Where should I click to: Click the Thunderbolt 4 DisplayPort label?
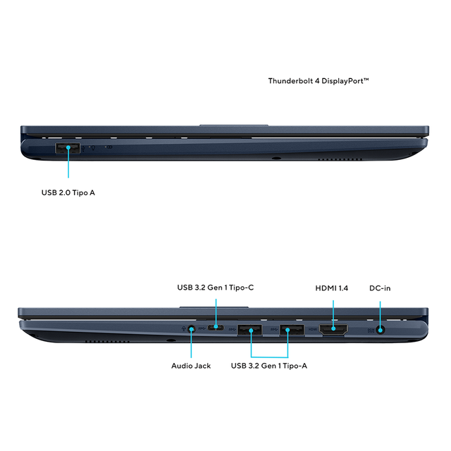click(x=319, y=81)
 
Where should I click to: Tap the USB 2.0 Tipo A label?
click(x=68, y=192)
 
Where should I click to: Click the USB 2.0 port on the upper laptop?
click(x=68, y=148)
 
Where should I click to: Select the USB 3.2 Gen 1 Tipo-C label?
click(x=216, y=288)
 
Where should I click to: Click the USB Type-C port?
click(x=216, y=327)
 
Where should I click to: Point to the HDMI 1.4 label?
click(x=332, y=288)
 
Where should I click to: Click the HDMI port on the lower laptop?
click(x=333, y=329)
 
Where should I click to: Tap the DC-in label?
click(x=380, y=288)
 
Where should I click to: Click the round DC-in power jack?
click(x=381, y=330)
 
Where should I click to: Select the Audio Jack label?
click(x=191, y=366)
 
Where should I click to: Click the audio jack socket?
click(x=191, y=329)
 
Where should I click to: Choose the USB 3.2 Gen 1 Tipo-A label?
click(x=269, y=366)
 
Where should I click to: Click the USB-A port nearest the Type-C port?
click(x=249, y=330)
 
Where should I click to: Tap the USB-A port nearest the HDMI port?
click(x=292, y=330)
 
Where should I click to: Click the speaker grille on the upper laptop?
click(x=340, y=159)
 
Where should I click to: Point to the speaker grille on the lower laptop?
click(x=107, y=341)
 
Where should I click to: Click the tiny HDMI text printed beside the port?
click(x=313, y=329)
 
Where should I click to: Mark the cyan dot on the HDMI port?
click(x=333, y=328)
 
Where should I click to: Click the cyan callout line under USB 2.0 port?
click(x=68, y=163)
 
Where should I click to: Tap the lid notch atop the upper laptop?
click(x=234, y=125)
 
